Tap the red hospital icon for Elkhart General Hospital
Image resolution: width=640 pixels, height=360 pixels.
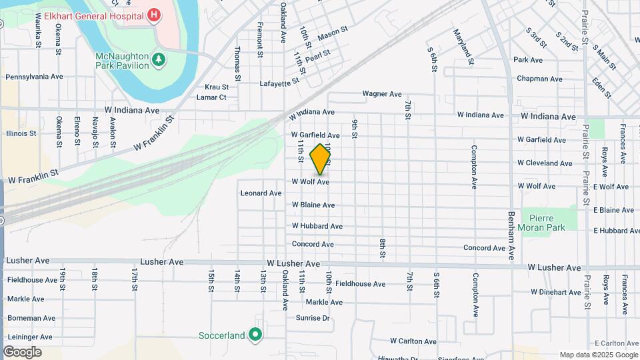(x=155, y=14)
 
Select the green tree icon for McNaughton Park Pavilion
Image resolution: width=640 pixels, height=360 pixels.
(x=159, y=61)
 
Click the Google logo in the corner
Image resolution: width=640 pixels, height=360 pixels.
(x=22, y=352)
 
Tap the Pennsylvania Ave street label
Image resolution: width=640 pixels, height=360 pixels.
(x=34, y=77)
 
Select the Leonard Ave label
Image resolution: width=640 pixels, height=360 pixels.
(x=261, y=193)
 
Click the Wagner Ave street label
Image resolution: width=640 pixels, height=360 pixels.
(x=382, y=94)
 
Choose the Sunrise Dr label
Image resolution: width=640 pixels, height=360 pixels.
(x=313, y=318)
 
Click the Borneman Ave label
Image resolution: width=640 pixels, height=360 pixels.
(x=31, y=318)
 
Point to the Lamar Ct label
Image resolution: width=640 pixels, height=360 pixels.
(x=211, y=97)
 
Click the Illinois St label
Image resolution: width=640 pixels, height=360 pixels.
(x=21, y=133)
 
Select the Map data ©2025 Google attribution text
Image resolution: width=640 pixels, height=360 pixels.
(x=598, y=355)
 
